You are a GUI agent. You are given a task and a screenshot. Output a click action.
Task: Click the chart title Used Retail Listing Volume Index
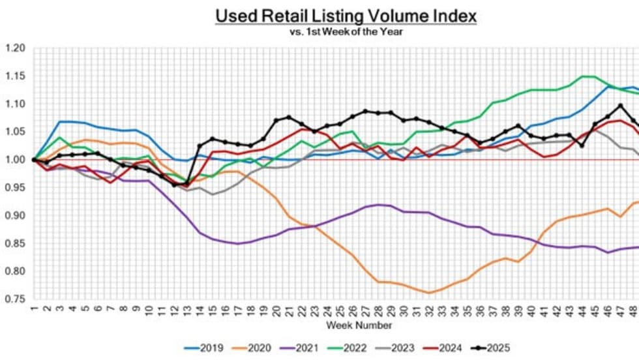click(346, 16)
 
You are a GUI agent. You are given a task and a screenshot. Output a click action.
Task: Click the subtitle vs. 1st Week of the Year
click(347, 31)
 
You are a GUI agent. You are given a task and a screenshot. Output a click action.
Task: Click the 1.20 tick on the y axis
click(15, 48)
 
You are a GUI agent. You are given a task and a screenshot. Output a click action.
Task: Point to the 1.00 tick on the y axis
click(15, 160)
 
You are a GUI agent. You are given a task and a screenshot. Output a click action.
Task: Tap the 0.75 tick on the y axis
click(15, 299)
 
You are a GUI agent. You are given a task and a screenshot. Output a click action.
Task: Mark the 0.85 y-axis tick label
click(15, 244)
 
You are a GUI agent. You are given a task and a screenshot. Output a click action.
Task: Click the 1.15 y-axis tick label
click(15, 76)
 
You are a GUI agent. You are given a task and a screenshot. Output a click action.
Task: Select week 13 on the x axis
click(187, 309)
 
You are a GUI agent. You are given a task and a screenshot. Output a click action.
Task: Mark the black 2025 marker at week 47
click(620, 105)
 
